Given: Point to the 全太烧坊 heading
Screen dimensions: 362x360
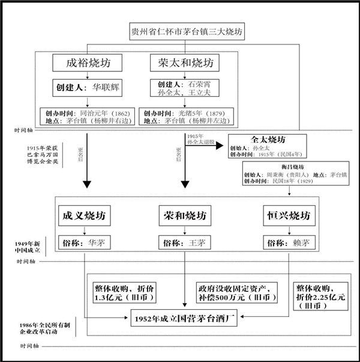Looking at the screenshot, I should (x=268, y=139).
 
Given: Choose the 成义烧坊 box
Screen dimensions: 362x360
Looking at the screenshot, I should (x=85, y=215).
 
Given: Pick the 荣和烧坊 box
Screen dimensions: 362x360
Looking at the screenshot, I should (x=182, y=215).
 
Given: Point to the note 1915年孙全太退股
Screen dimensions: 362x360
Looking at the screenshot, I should (x=203, y=139).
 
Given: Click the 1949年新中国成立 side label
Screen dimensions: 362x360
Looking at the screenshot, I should (x=28, y=247).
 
